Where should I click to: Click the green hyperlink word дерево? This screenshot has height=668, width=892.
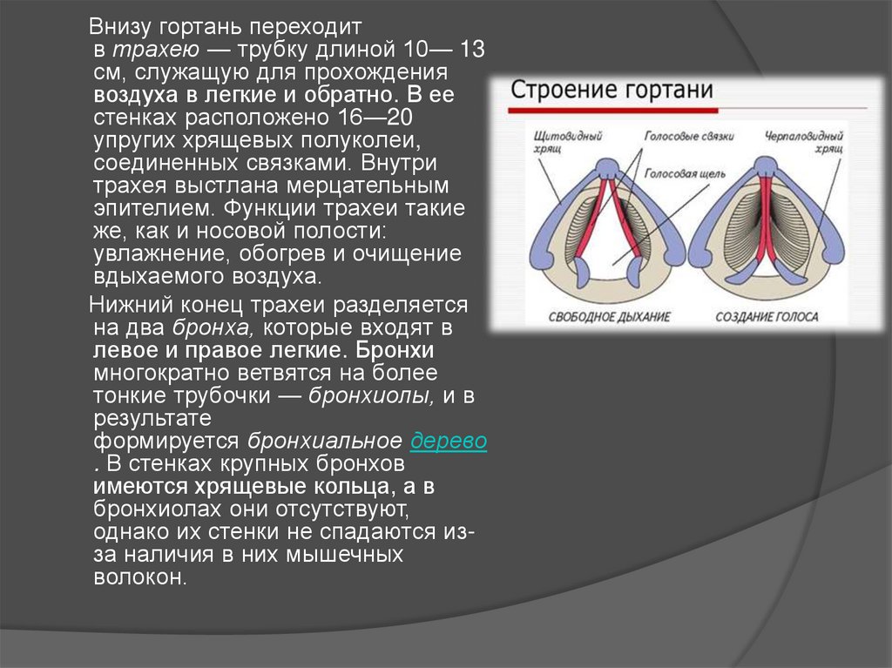click(x=448, y=441)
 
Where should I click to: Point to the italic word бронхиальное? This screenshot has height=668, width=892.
click(x=324, y=441)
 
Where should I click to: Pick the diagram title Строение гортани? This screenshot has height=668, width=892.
click(x=612, y=91)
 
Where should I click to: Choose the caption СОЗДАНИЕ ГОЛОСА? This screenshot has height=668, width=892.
click(x=766, y=317)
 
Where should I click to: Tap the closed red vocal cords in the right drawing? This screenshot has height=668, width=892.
click(x=767, y=226)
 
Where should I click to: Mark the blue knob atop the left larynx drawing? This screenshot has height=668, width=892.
click(x=608, y=167)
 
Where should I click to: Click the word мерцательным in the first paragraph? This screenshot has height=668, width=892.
click(x=375, y=186)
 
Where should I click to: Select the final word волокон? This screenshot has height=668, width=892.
click(x=139, y=577)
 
